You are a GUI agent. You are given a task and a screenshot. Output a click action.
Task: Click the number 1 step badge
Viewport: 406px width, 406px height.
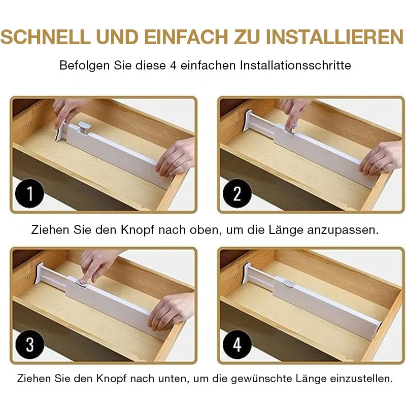pyautogui.click(x=29, y=194)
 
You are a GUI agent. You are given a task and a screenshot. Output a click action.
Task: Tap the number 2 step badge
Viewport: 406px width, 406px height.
pyautogui.click(x=237, y=194)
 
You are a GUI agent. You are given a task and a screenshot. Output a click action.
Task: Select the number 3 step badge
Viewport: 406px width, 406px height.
pyautogui.click(x=29, y=345)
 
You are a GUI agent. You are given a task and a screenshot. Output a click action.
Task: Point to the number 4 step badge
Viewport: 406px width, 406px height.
pyautogui.click(x=237, y=345)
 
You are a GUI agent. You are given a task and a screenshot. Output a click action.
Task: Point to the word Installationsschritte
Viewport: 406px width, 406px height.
pyautogui.click(x=295, y=65)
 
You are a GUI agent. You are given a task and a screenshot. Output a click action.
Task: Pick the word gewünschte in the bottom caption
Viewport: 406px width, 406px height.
pyautogui.click(x=261, y=379)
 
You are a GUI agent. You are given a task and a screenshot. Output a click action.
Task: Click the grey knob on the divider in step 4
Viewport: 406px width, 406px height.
pyautogui.click(x=289, y=284)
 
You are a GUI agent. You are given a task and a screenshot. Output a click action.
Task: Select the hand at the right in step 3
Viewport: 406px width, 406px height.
pyautogui.click(x=173, y=310)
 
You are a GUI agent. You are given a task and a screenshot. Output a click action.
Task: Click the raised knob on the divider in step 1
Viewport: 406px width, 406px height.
pyautogui.click(x=83, y=127)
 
